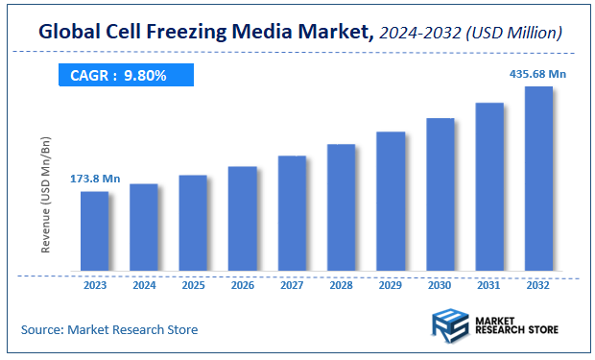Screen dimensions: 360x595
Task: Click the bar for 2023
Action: pos(94,230)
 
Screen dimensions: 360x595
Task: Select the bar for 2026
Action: pos(242,218)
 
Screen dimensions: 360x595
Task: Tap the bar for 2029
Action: pos(391,201)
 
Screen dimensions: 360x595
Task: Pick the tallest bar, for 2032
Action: pos(538,178)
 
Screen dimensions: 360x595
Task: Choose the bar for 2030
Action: pos(440,194)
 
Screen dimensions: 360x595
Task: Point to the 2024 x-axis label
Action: pos(144,285)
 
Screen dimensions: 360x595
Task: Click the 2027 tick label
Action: pos(292,285)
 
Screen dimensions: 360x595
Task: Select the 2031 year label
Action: pos(489,285)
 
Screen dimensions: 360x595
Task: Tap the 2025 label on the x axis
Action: pos(193,285)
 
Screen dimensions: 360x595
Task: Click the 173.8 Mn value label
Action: pos(94,179)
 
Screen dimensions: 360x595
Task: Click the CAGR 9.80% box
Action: pos(126,75)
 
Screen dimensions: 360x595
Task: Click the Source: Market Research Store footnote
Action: pos(109,329)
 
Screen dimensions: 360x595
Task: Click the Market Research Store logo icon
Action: pos(450,326)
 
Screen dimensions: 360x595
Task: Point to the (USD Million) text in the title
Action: pos(511,34)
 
